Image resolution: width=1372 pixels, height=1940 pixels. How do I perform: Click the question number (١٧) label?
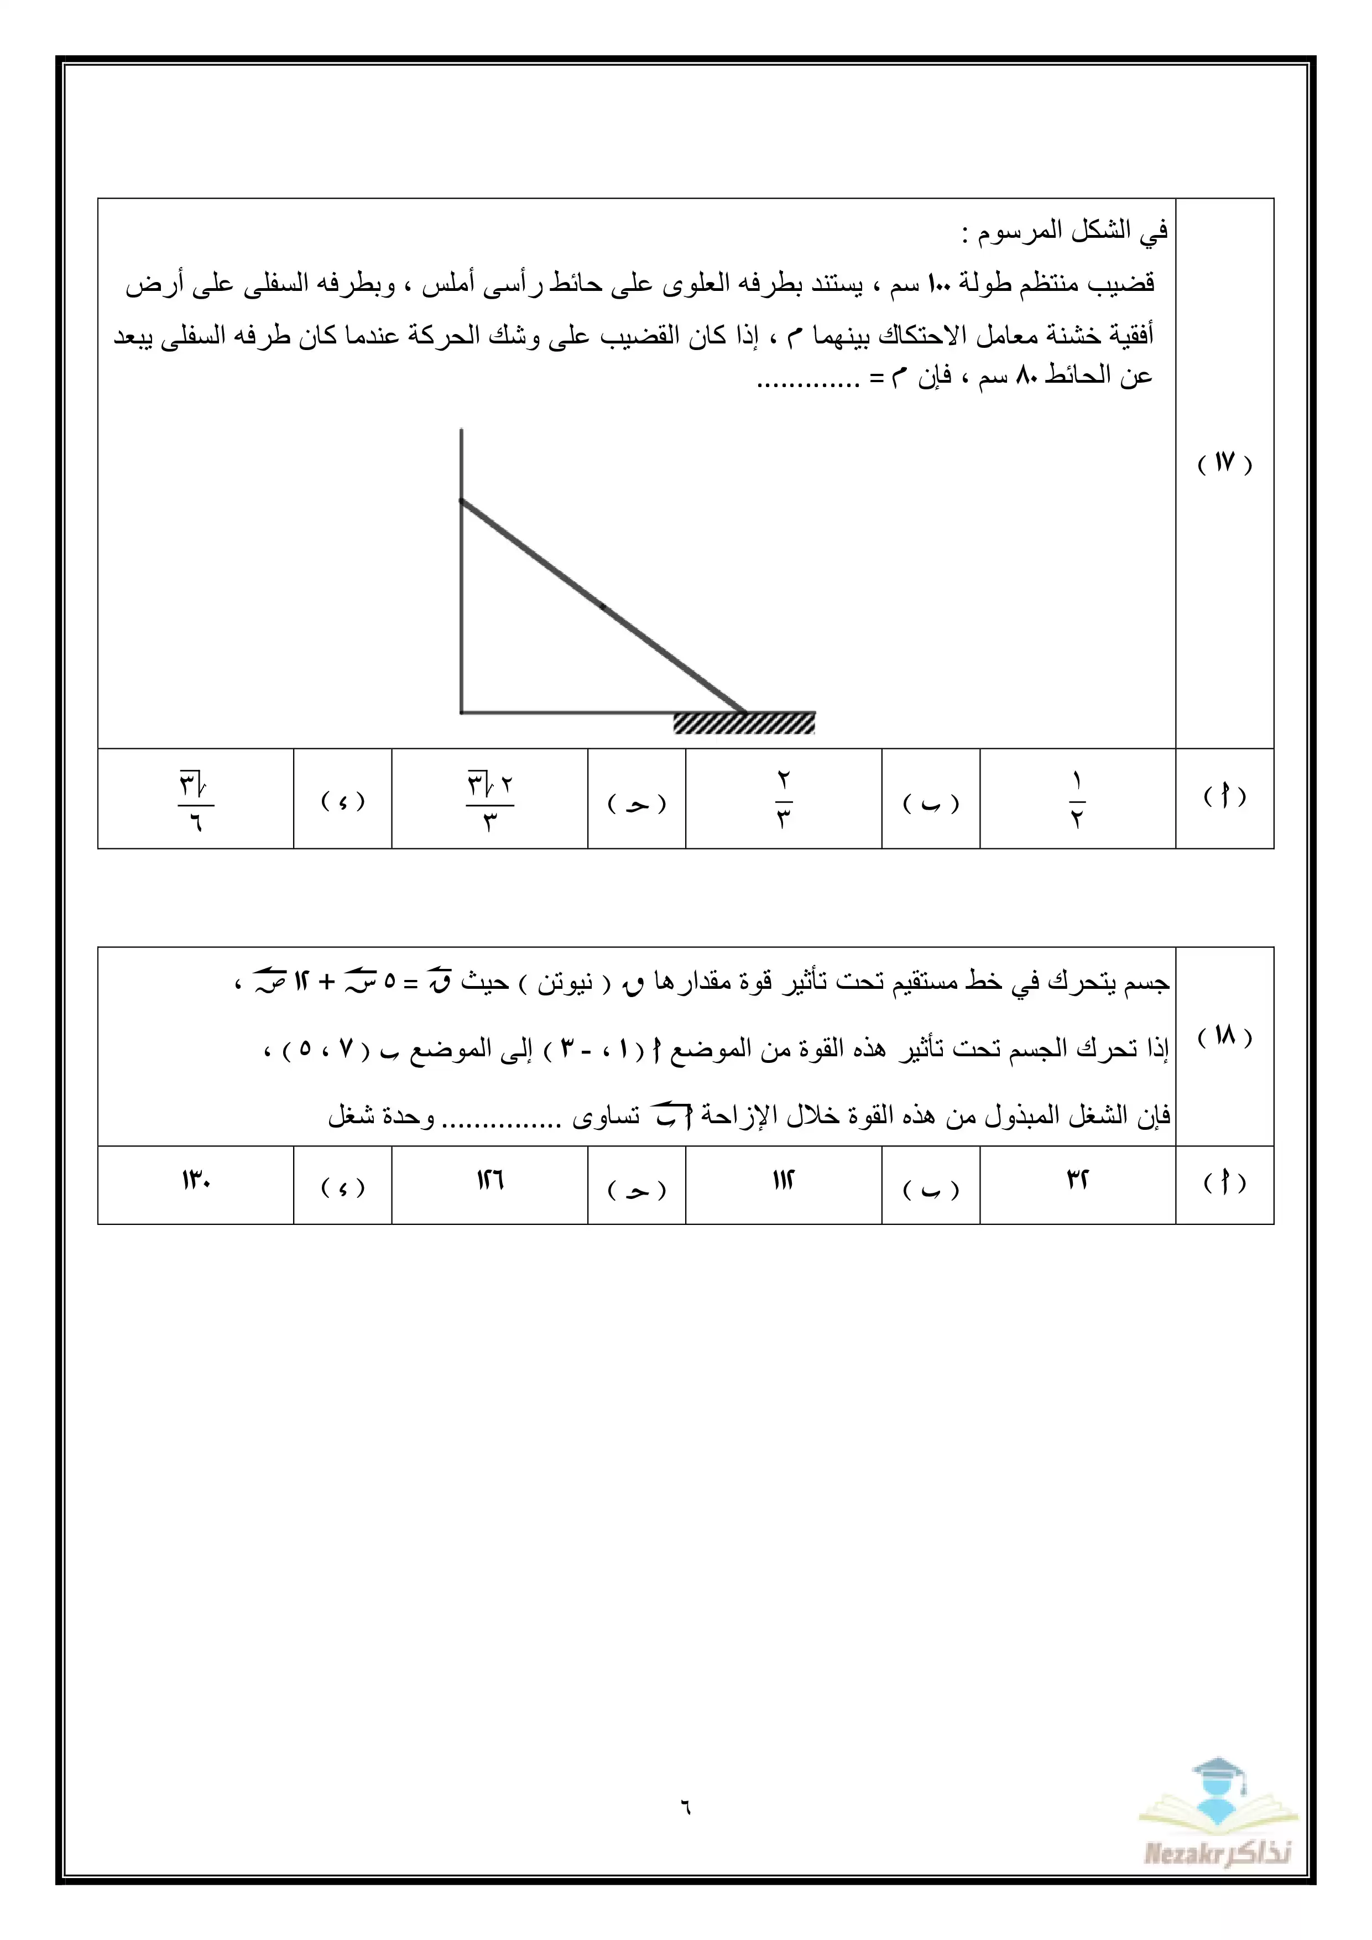tap(1224, 463)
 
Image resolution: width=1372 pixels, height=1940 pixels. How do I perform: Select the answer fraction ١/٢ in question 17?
tap(1077, 799)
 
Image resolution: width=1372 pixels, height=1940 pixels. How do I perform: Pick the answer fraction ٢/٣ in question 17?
tap(783, 799)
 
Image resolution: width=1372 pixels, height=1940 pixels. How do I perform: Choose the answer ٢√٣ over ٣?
tap(490, 799)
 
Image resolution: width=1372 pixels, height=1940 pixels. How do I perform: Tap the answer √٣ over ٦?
tap(195, 799)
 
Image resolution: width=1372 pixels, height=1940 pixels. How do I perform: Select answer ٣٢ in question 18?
tap(1077, 1180)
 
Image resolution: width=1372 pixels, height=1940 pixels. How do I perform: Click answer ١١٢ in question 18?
tap(783, 1180)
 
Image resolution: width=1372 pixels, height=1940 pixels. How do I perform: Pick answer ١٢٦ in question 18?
tap(490, 1180)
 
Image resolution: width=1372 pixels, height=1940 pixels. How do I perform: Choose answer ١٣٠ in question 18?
tap(195, 1180)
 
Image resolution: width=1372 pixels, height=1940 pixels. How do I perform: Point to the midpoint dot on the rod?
tap(602, 606)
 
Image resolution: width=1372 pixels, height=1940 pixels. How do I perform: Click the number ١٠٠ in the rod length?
tap(938, 283)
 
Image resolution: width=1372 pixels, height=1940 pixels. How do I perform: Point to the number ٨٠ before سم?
tap(1026, 374)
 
